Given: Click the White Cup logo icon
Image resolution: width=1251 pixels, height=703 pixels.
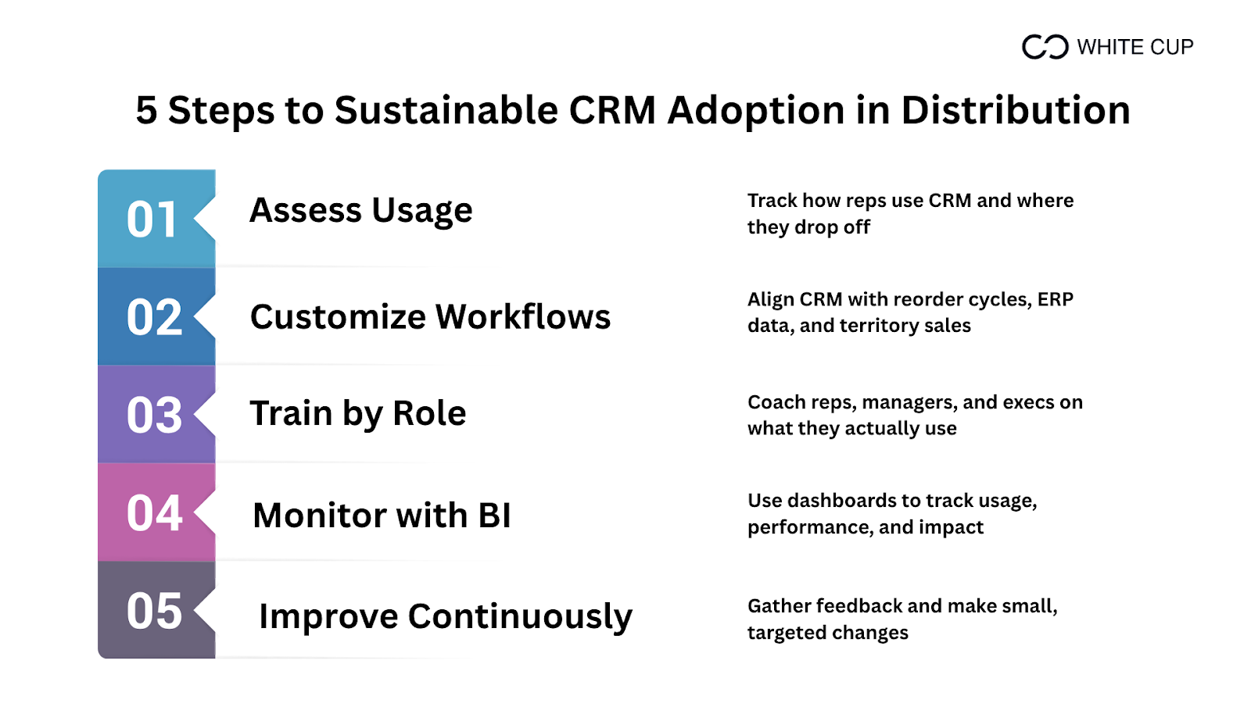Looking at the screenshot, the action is tap(1045, 47).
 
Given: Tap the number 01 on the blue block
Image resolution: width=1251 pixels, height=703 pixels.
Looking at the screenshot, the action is tap(152, 219).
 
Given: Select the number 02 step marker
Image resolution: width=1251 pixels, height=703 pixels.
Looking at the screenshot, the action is tap(154, 317).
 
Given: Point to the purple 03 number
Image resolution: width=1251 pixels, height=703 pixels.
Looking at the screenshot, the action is tap(154, 416).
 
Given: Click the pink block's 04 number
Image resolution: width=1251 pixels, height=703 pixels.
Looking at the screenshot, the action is tap(154, 513).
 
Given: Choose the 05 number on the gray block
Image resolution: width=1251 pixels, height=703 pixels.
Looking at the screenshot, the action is tap(154, 612).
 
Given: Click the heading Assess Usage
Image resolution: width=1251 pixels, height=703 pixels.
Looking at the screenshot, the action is tap(360, 211).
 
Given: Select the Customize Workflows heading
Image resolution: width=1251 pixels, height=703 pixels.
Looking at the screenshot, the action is tap(430, 316).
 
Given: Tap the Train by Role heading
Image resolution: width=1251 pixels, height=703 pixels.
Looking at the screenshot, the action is tap(357, 414).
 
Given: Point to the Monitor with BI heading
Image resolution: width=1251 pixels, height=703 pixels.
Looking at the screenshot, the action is tap(382, 515).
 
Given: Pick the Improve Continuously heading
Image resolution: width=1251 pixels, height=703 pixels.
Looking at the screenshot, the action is tap(445, 617).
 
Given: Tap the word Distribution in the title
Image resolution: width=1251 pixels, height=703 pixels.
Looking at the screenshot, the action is tap(1016, 109).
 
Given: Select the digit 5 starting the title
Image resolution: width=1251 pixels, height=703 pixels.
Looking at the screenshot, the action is tap(145, 110).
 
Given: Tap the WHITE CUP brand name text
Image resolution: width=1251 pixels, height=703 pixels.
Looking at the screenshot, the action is tap(1135, 48).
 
